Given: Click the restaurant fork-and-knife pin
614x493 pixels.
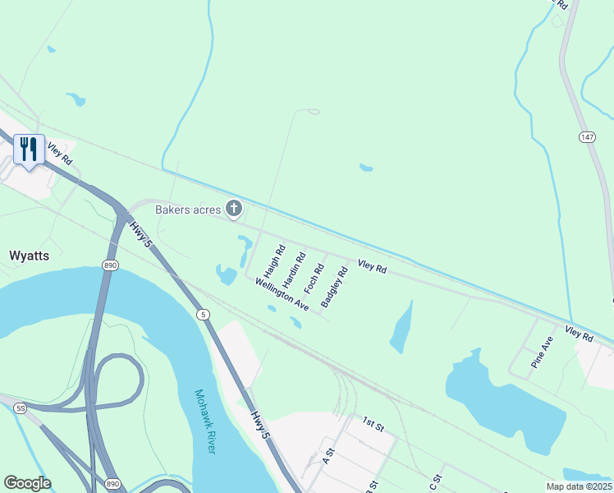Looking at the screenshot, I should tap(29, 150).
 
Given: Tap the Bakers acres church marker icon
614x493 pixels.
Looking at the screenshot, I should tap(234, 210).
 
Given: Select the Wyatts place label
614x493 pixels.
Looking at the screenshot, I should tap(29, 256).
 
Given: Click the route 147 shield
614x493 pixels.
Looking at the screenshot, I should tap(585, 136).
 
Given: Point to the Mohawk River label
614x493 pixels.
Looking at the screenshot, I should tap(204, 421).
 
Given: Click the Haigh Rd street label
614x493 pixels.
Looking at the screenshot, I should tap(273, 261).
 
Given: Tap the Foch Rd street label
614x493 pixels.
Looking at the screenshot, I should tap(314, 278).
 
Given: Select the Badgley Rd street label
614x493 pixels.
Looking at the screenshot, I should tap(335, 287).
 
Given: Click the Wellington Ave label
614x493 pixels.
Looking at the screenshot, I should tap(282, 294).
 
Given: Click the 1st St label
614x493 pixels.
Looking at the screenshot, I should tap(373, 424).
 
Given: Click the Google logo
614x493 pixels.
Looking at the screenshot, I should tap(27, 483).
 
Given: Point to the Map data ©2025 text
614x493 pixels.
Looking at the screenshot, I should tap(579, 486).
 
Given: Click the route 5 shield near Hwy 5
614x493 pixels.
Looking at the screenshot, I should tap(203, 315).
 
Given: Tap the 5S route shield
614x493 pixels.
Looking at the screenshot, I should tap(19, 408).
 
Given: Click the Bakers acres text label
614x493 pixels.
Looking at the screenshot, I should tap(188, 210).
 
